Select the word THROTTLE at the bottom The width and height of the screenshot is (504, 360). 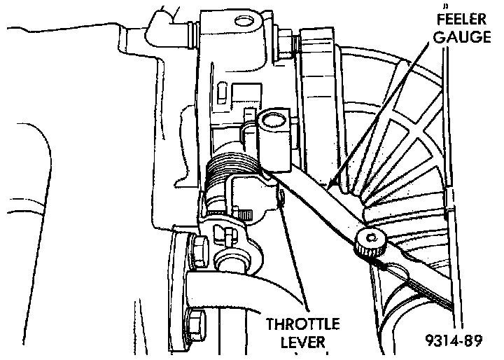(x=303, y=325)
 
